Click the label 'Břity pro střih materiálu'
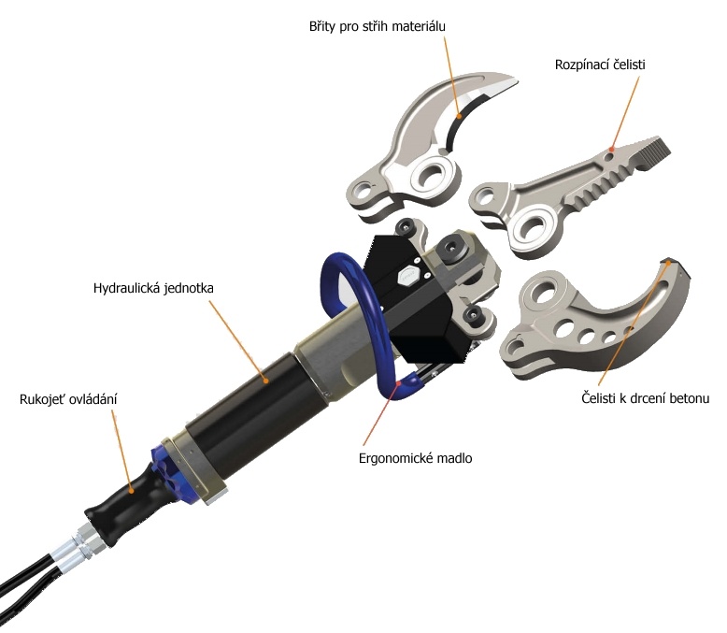(377, 26)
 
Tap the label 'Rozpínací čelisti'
(600, 65)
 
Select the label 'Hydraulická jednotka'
(153, 288)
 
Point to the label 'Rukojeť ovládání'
(68, 399)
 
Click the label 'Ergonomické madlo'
(416, 458)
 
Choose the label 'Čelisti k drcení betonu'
(646, 398)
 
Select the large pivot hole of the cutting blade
(433, 176)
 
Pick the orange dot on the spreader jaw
(611, 150)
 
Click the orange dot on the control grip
(131, 490)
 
